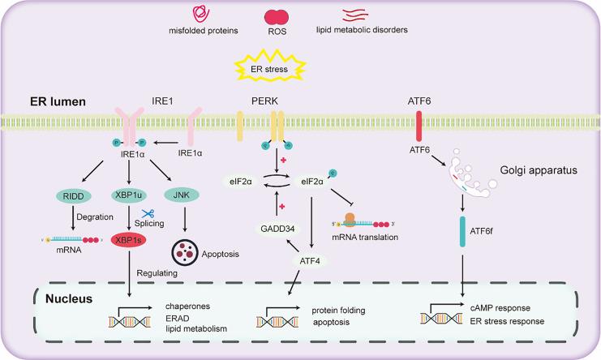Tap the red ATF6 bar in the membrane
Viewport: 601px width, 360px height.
(419, 126)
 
